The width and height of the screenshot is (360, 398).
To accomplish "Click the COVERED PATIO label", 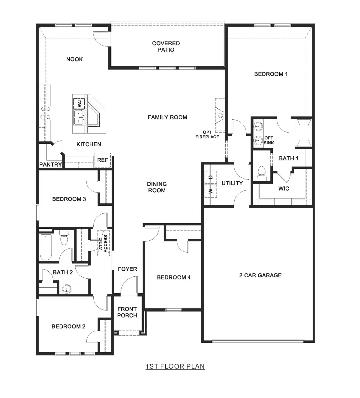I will pos(166,47).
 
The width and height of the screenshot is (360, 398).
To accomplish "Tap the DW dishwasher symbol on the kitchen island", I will pos(79,104).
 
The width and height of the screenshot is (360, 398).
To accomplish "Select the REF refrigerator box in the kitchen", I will pos(102,160).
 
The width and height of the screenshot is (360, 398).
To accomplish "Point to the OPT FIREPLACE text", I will pos(207,134).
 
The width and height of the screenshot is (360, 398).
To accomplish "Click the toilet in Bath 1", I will pos(262,173).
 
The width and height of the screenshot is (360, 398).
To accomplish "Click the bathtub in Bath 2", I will pos(46,247).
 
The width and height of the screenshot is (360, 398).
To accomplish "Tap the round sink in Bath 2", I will pos(67,289).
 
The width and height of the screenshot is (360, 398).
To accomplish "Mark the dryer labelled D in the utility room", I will pos(211,177).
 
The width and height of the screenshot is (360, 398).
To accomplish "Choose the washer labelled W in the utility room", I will pos(211,191).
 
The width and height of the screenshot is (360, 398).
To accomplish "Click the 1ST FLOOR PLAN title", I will pos(175,366).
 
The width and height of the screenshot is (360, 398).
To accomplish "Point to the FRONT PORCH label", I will pos(127,312).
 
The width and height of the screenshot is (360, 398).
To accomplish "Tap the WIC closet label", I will pos(283,188).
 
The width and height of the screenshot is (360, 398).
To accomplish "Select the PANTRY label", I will pos(50,164).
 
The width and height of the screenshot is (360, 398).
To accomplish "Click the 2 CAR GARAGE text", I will pos(260,275).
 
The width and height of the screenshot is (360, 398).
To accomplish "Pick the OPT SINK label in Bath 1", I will pos(268,140).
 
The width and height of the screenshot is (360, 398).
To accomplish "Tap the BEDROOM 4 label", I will pos(174,277).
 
